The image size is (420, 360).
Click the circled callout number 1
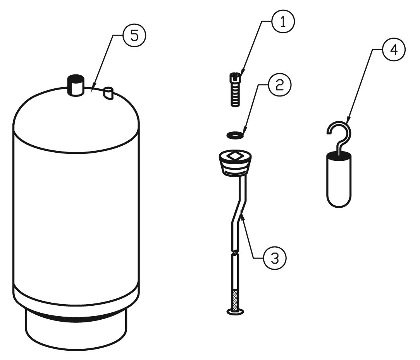tap(283, 22)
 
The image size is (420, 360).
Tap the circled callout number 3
tap(275, 258)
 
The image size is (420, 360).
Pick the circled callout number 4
tap(394, 50)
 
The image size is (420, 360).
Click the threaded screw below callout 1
tap(235, 90)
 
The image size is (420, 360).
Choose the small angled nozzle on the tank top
tap(108, 93)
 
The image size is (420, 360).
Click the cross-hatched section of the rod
tap(236, 300)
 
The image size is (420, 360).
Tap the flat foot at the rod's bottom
tap(236, 312)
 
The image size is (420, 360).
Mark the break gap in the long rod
tap(235, 252)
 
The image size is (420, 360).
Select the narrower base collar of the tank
tap(76, 329)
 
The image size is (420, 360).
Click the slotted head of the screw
tap(235, 78)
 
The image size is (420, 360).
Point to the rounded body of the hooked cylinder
tap(339, 180)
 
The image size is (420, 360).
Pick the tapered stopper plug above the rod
tap(235, 164)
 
